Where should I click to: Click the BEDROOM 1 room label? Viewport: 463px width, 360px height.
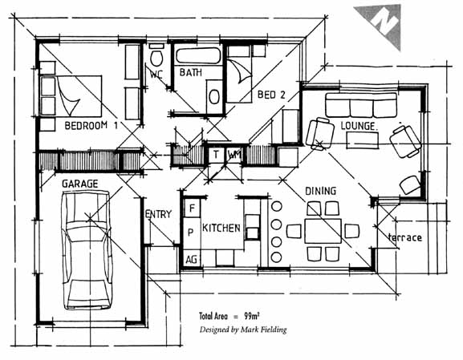click(x=91, y=126)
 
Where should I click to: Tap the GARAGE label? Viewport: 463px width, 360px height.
click(x=79, y=184)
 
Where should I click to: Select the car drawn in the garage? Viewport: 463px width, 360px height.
click(x=87, y=250)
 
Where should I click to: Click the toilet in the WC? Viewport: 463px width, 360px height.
click(x=156, y=57)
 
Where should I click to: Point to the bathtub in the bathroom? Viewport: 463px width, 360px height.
click(x=198, y=56)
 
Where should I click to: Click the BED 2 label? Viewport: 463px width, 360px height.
click(x=271, y=95)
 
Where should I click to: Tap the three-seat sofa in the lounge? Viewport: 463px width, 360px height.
click(x=361, y=105)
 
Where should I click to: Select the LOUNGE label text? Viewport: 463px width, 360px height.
click(x=359, y=126)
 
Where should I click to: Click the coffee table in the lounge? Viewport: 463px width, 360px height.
click(x=363, y=140)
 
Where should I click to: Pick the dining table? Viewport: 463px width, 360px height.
click(x=323, y=231)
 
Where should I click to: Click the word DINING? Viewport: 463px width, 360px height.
click(x=320, y=191)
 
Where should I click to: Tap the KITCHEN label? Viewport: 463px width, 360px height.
click(x=221, y=228)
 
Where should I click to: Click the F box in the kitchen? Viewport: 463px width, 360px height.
click(x=192, y=208)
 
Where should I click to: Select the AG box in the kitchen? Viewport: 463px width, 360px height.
click(x=191, y=260)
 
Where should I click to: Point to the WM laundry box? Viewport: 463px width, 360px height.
click(x=234, y=154)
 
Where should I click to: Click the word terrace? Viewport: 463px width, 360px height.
click(x=405, y=237)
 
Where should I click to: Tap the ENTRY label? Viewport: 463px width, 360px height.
click(x=158, y=214)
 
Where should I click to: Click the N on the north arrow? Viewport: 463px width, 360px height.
click(x=384, y=21)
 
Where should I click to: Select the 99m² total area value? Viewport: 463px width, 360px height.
click(x=252, y=317)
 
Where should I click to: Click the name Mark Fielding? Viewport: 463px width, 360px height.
click(x=263, y=330)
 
